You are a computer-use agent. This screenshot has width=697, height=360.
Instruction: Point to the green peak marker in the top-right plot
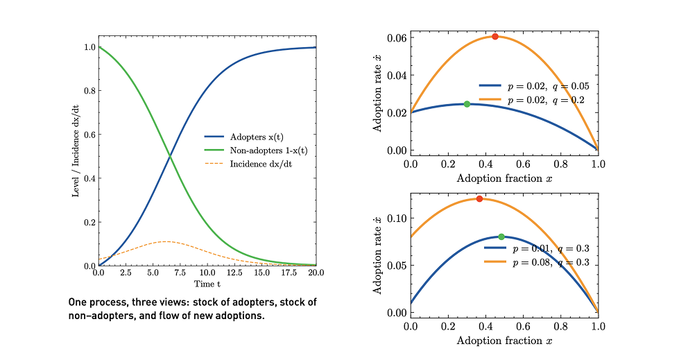click(467, 104)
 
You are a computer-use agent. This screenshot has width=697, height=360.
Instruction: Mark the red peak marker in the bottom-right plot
click(479, 199)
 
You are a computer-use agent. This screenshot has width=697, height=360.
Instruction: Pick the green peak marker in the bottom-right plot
click(501, 237)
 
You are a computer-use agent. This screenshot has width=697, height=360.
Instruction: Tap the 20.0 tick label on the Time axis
click(316, 274)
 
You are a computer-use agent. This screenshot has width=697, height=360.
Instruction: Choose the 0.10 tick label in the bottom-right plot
click(397, 218)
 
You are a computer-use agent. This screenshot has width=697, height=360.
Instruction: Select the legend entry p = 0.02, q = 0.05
click(547, 87)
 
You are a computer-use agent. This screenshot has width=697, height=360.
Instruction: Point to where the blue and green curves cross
click(171, 157)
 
